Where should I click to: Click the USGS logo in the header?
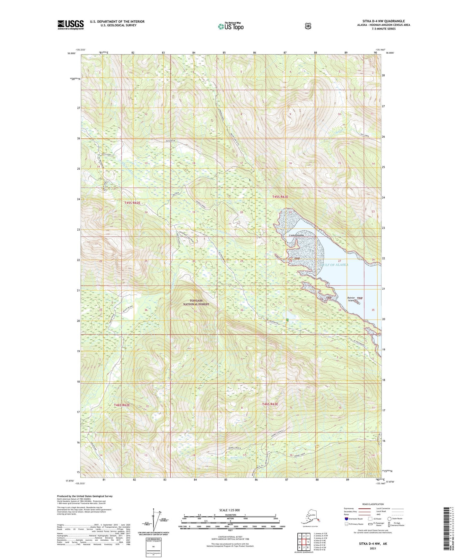(71, 25)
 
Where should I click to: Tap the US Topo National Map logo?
(231, 26)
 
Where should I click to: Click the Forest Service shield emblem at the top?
(308, 26)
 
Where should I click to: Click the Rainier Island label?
(351, 299)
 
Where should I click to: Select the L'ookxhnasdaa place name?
(296, 235)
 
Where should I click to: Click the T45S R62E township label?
(133, 203)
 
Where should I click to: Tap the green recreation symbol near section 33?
(287, 320)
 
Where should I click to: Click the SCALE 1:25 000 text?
(229, 510)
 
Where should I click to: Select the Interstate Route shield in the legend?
(346, 518)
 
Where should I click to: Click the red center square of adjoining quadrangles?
(304, 542)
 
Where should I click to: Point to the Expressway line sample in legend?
(364, 508)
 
